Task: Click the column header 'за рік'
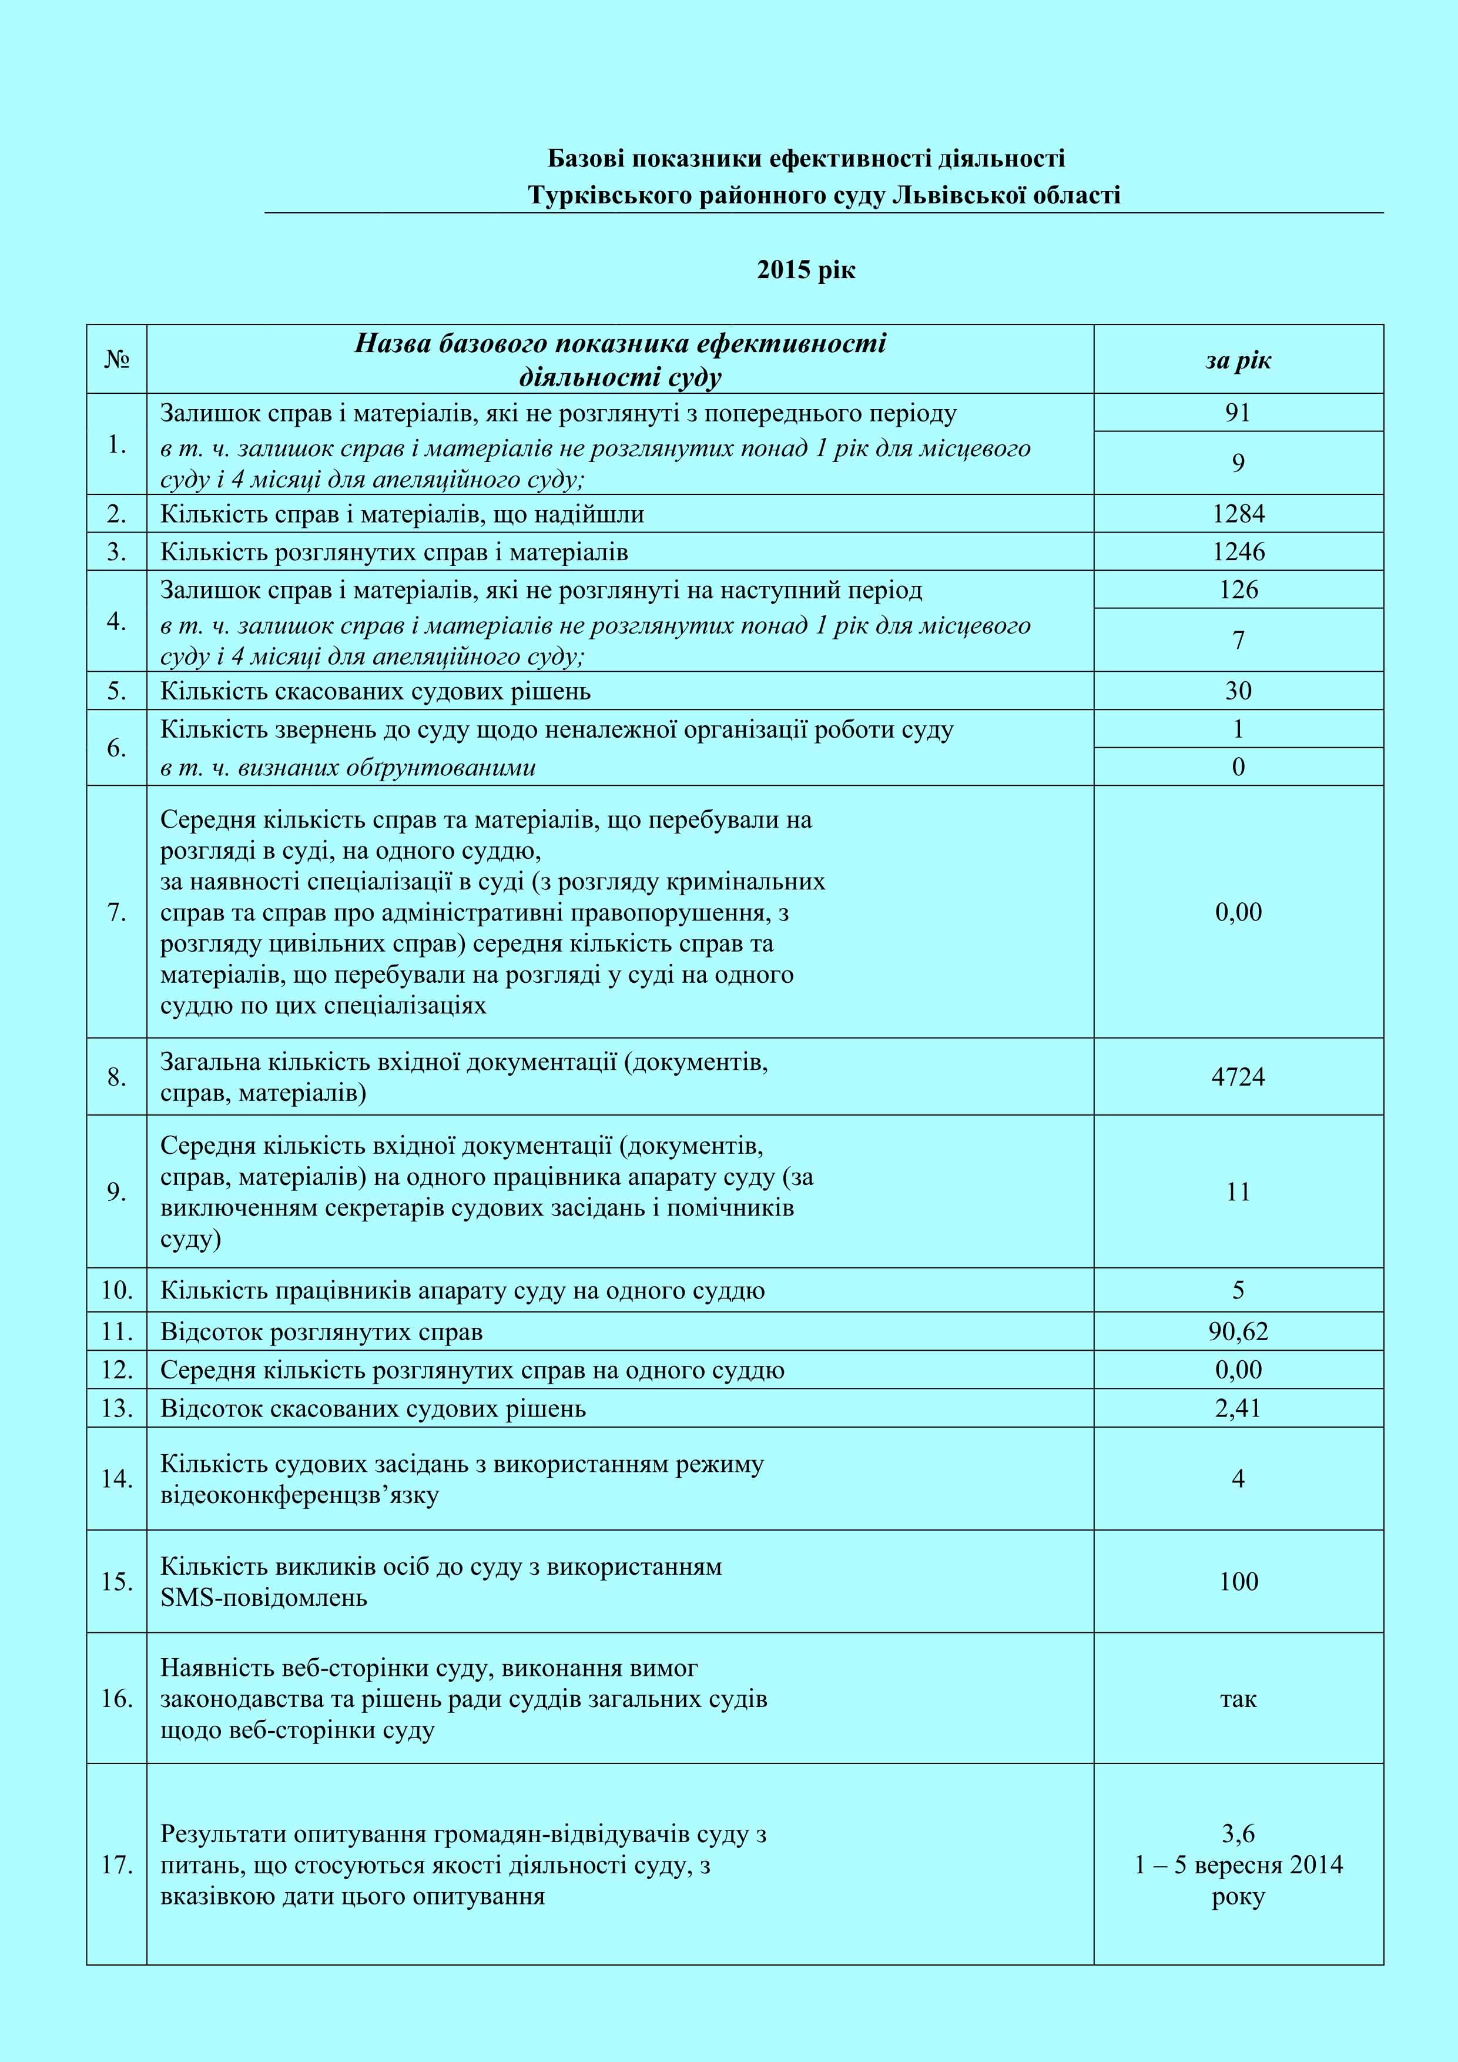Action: click(x=1238, y=360)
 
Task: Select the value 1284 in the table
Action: click(x=1238, y=514)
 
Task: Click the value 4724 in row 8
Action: click(x=1238, y=1077)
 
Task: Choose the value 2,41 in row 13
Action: click(x=1238, y=1408)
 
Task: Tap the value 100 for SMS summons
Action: click(x=1238, y=1582)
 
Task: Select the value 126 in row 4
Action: click(x=1238, y=590)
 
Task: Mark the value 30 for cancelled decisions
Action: click(x=1238, y=691)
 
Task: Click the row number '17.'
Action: click(x=117, y=1864)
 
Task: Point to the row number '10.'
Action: click(x=117, y=1291)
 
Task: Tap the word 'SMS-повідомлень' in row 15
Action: click(x=264, y=1598)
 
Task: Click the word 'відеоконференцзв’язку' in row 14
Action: click(x=300, y=1495)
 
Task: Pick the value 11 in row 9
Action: click(x=1238, y=1191)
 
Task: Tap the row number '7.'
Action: click(x=117, y=912)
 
